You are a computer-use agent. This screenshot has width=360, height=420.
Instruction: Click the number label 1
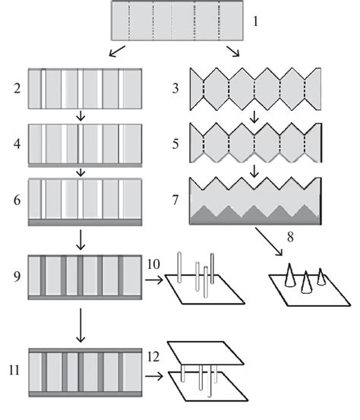256,22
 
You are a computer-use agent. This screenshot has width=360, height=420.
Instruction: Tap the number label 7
175,202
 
